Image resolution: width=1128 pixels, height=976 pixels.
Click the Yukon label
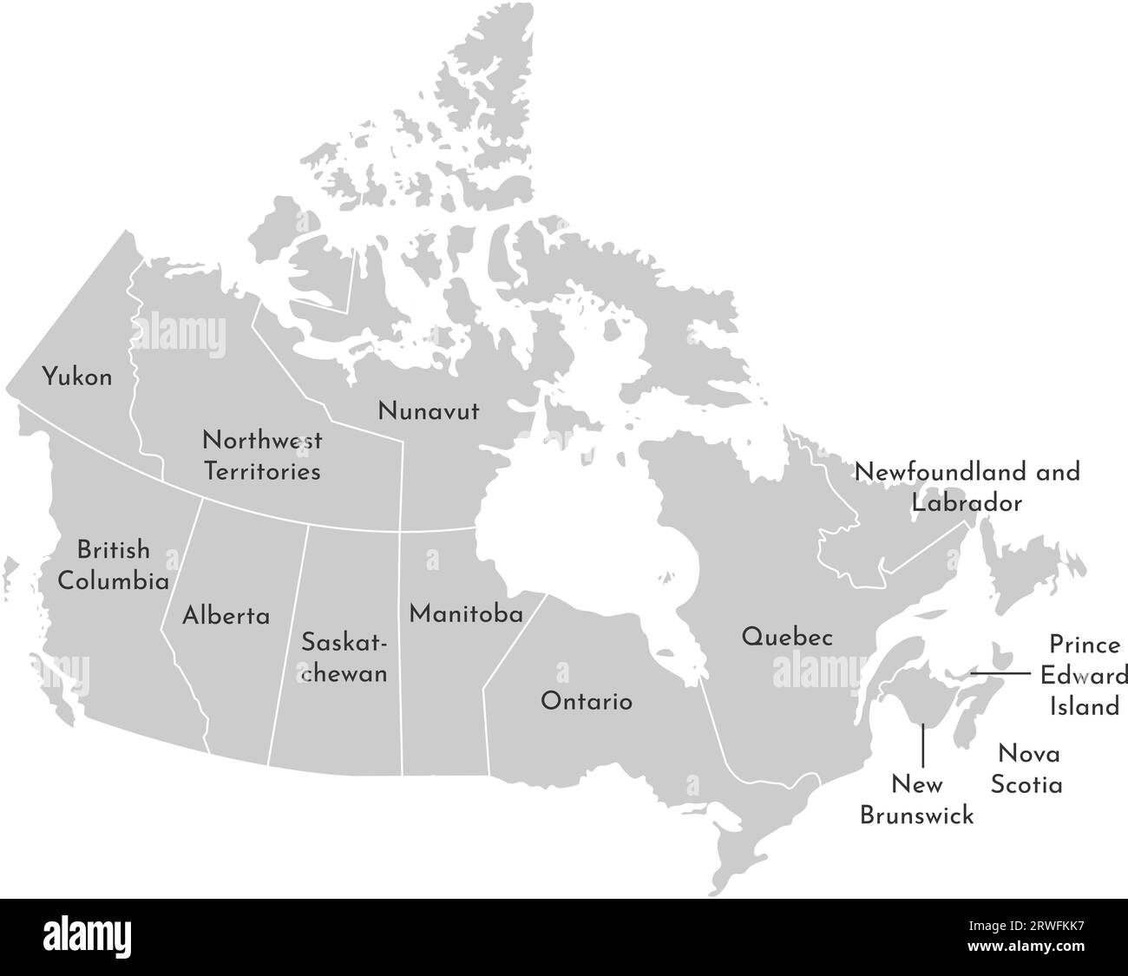pyautogui.click(x=78, y=377)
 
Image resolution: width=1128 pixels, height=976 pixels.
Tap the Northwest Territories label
pyautogui.click(x=262, y=455)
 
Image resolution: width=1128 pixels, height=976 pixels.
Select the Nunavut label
pyautogui.click(x=428, y=411)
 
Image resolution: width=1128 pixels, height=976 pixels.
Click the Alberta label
pyautogui.click(x=226, y=616)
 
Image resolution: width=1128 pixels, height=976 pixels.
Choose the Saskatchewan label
pyautogui.click(x=344, y=658)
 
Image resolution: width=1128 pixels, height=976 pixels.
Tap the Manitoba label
pyautogui.click(x=466, y=614)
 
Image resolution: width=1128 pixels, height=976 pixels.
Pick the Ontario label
pyautogui.click(x=587, y=701)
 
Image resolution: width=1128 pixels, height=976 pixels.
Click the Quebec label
pyautogui.click(x=787, y=638)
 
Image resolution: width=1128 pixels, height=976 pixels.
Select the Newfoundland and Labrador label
pyautogui.click(x=967, y=488)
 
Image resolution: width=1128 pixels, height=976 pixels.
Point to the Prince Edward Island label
pyautogui.click(x=1085, y=676)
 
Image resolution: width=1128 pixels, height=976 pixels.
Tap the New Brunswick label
pyautogui.click(x=916, y=800)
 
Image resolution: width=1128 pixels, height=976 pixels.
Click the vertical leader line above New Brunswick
pyautogui.click(x=922, y=745)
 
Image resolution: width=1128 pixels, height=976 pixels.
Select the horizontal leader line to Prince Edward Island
pyautogui.click(x=1000, y=673)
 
